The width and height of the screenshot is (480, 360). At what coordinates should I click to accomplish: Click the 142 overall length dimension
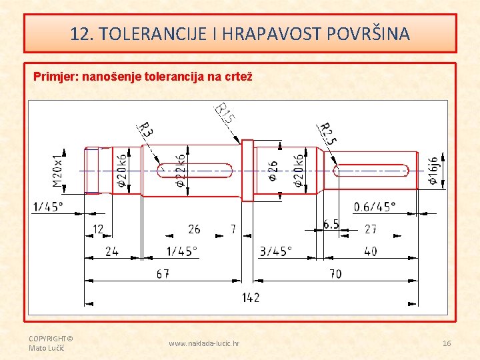click(x=251, y=297)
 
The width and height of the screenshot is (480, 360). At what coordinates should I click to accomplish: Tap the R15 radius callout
click(x=225, y=114)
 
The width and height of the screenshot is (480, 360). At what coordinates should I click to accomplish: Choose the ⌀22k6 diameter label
click(x=181, y=170)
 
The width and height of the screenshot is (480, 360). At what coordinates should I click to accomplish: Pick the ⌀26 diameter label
click(x=273, y=170)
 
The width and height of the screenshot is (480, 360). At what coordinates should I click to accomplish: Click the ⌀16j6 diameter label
click(x=433, y=171)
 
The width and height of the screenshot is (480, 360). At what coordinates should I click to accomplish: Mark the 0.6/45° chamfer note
click(x=374, y=206)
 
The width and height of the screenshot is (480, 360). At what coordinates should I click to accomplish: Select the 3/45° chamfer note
click(x=275, y=251)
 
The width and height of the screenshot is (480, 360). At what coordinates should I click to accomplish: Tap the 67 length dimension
click(x=162, y=273)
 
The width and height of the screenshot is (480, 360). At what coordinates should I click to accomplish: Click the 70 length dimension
click(x=335, y=273)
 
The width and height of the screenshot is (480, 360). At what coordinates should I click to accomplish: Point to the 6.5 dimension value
click(x=331, y=224)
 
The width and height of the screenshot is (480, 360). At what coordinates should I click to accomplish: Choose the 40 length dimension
click(x=371, y=251)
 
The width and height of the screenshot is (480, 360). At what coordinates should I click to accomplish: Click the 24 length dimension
click(x=112, y=251)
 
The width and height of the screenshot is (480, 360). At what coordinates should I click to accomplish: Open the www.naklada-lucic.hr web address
click(x=204, y=343)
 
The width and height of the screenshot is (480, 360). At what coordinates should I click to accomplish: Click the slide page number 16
click(x=447, y=343)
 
